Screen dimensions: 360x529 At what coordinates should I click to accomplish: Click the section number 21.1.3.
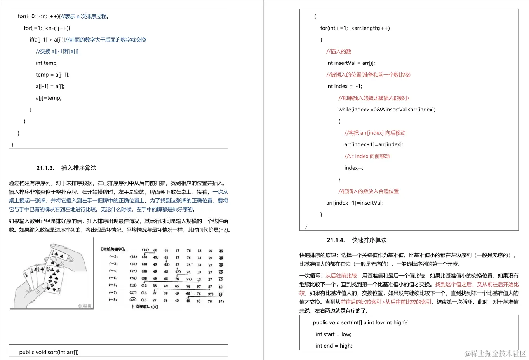pyautogui.click(x=45, y=168)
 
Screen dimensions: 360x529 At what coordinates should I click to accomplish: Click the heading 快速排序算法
pyautogui.click(x=369, y=240)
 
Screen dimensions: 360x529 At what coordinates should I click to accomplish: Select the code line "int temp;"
pyautogui.click(x=47, y=63)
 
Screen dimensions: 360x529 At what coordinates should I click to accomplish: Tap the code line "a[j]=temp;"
pyautogui.click(x=49, y=98)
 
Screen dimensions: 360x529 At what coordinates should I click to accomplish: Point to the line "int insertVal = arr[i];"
pyautogui.click(x=350, y=63)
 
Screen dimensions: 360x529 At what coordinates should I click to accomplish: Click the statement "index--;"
pyautogui.click(x=353, y=168)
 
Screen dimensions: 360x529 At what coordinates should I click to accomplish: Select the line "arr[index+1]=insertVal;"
pyautogui.click(x=354, y=203)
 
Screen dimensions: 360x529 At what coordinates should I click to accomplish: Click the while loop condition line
pyautogui.click(x=386, y=110)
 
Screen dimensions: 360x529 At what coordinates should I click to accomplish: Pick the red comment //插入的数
pyautogui.click(x=339, y=51)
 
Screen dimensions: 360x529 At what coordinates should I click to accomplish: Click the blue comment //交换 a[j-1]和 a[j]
pyautogui.click(x=57, y=51)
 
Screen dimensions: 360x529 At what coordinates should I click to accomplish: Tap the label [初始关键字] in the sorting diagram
pyautogui.click(x=113, y=249)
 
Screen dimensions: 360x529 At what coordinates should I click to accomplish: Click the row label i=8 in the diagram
pyautogui.click(x=113, y=300)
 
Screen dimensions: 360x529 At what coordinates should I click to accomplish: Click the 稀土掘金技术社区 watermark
pyautogui.click(x=496, y=353)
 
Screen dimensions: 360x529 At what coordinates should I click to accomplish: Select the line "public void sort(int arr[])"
pyautogui.click(x=49, y=352)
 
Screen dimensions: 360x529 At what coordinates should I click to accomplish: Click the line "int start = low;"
pyautogui.click(x=333, y=334)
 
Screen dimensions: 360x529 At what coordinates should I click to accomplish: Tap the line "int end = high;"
pyautogui.click(x=334, y=346)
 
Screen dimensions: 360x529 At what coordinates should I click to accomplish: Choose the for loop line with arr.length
pyautogui.click(x=355, y=28)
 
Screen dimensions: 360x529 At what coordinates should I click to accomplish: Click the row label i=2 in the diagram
pyautogui.click(x=113, y=257)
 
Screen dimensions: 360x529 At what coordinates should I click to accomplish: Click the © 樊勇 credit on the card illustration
pyautogui.click(x=85, y=306)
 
